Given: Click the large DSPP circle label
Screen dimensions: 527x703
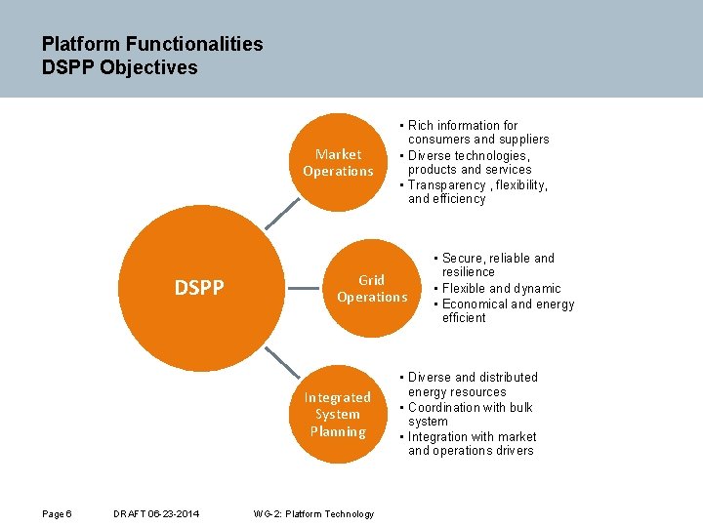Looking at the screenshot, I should click(199, 287).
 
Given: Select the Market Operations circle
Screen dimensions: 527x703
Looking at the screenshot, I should click(338, 162).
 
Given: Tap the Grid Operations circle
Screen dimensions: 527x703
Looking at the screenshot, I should click(371, 288).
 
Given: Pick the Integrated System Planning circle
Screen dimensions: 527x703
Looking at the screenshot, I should click(337, 414).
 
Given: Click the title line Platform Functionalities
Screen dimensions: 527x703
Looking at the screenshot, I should click(152, 44).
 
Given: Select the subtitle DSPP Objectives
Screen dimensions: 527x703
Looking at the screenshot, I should click(119, 67).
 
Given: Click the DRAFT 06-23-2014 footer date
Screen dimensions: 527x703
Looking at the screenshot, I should click(156, 514).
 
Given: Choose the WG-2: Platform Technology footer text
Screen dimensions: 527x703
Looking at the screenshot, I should click(312, 514).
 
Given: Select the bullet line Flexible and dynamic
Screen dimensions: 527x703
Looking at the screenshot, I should click(501, 288).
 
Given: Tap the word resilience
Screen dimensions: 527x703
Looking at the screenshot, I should click(469, 272).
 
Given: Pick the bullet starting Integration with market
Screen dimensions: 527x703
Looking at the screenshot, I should click(472, 436).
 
